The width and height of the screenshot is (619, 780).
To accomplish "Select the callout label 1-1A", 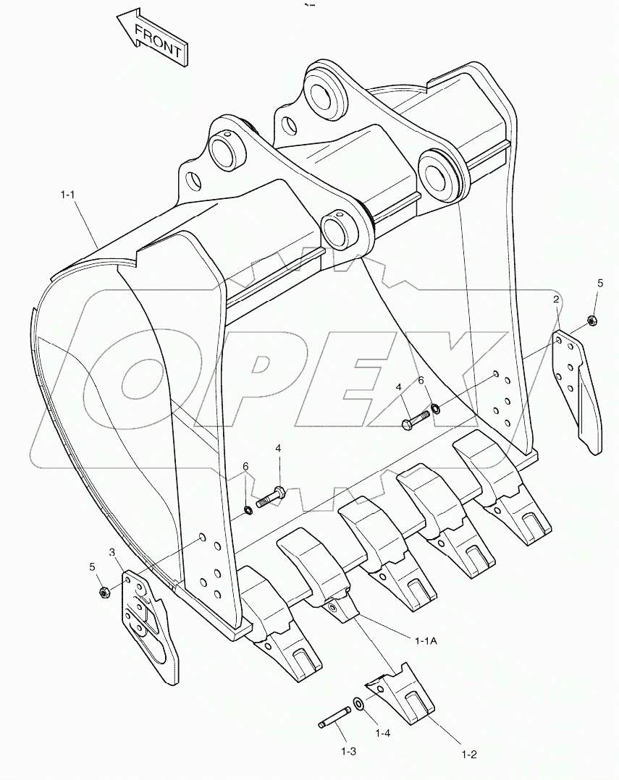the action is click(426, 640).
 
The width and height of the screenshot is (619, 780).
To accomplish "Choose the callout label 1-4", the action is click(384, 733).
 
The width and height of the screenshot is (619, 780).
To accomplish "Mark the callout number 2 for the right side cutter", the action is click(556, 300).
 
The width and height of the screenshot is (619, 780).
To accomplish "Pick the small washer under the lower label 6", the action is click(248, 511).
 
